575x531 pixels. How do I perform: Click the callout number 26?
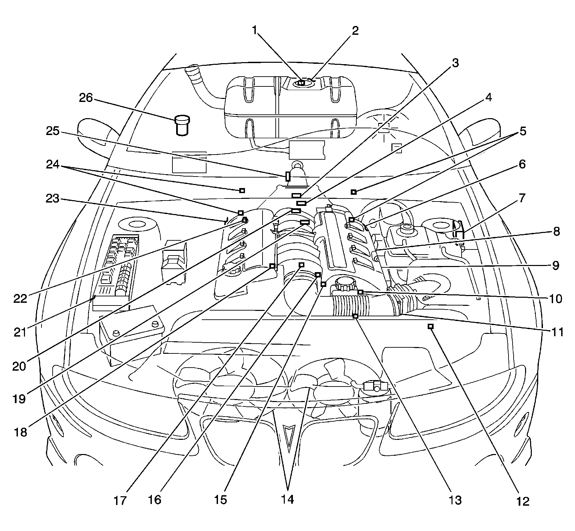(x=86, y=98)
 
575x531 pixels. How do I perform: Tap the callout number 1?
(x=255, y=30)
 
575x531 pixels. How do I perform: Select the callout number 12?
(x=523, y=501)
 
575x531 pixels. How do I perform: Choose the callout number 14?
(x=287, y=499)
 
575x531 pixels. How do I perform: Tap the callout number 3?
(x=455, y=63)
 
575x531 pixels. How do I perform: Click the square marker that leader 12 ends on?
(x=431, y=326)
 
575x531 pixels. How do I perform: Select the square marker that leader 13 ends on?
(x=355, y=316)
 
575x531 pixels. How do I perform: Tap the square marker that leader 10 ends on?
(x=360, y=292)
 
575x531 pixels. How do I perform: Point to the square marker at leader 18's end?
(x=272, y=266)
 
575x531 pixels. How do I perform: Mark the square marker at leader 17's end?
(x=302, y=265)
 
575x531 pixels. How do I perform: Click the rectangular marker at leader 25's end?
(x=288, y=176)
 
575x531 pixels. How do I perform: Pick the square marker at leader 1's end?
(x=302, y=82)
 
